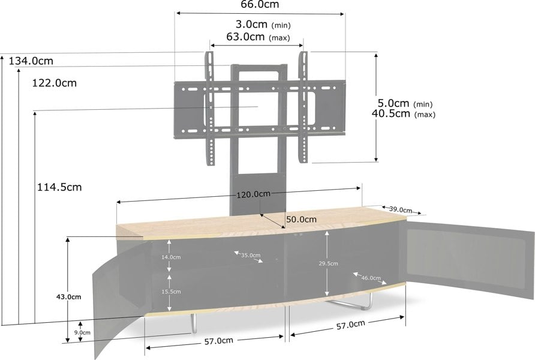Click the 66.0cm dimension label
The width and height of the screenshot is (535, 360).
pyautogui.click(x=260, y=4)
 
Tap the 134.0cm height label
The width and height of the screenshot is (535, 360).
pyautogui.click(x=31, y=61)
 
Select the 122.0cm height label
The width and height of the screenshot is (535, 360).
pyautogui.click(x=54, y=83)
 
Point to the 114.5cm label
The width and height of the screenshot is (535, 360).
pyautogui.click(x=59, y=187)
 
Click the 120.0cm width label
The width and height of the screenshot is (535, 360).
pyautogui.click(x=254, y=194)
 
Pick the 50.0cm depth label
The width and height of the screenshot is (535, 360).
pyautogui.click(x=301, y=220)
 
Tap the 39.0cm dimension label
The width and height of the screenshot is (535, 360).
pyautogui.click(x=401, y=209)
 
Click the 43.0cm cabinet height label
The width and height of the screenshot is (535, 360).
pyautogui.click(x=68, y=297)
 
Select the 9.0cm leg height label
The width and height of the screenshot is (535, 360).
pyautogui.click(x=82, y=332)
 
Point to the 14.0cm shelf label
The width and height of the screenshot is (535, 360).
pyautogui.click(x=171, y=257)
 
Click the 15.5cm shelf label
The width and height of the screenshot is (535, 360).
pyautogui.click(x=171, y=292)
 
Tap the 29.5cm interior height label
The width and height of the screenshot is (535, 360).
pyautogui.click(x=328, y=263)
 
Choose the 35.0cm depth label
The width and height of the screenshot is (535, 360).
pyautogui.click(x=251, y=255)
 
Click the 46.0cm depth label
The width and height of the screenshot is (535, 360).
pyautogui.click(x=371, y=278)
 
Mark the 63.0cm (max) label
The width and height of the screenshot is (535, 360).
pyautogui.click(x=259, y=37)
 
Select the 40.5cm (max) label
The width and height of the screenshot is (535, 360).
pyautogui.click(x=404, y=113)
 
